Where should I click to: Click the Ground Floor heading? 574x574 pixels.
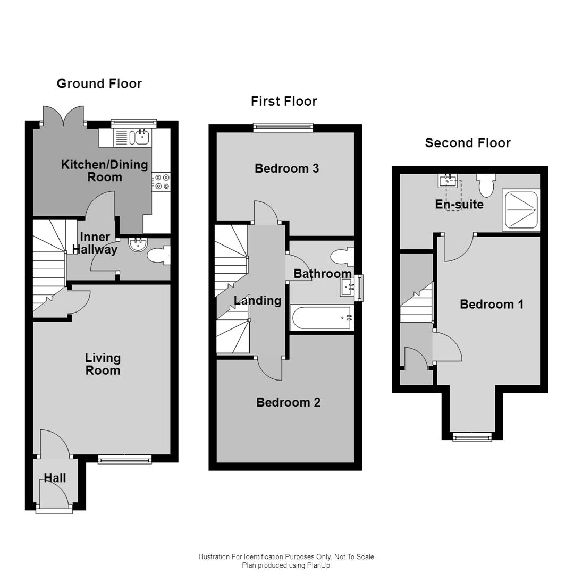coord(99,83)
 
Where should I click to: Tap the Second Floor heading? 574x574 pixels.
coord(468,143)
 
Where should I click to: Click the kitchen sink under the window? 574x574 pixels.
coord(142,138)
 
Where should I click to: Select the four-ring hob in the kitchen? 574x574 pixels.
coord(161,182)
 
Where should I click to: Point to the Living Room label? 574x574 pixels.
coord(103,364)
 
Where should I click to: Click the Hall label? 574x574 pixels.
coord(55,478)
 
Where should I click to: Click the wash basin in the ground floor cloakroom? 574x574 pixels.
coord(138,244)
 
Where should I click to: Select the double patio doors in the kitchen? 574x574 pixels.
coord(64,116)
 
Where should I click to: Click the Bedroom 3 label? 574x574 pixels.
coord(286,168)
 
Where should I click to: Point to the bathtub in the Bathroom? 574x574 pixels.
coord(321,317)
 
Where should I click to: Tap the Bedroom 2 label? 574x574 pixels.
coord(288,402)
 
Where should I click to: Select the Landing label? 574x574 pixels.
coord(258,301)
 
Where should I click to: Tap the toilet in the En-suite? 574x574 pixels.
coord(486,185)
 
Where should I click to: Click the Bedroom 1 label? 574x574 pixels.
coord(492,304)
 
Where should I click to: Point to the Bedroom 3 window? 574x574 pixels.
coord(283,126)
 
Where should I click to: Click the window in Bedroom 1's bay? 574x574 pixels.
coord(471,437)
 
